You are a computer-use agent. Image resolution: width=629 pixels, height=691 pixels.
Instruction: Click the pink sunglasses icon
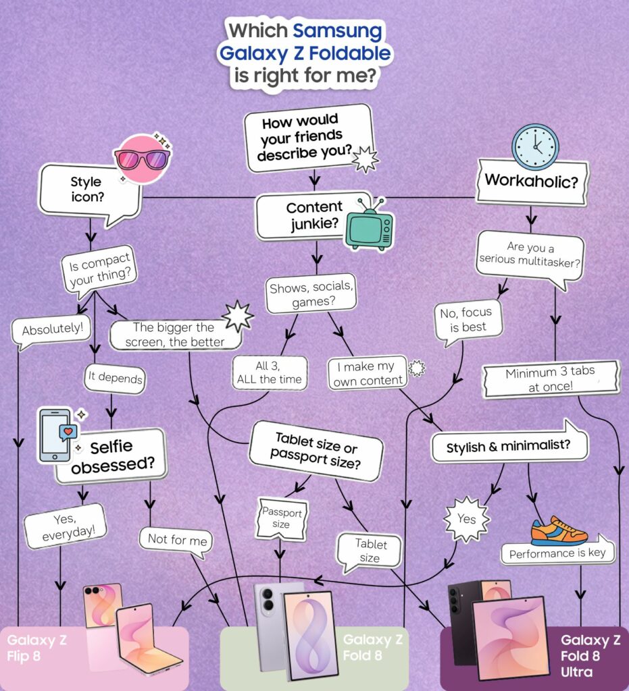click(x=143, y=159)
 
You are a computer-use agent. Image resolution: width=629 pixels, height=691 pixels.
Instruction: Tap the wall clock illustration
click(x=535, y=146)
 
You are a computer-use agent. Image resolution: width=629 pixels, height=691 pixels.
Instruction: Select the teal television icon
click(x=369, y=225)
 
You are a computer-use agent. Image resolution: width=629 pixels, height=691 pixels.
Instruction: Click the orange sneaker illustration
click(x=559, y=531)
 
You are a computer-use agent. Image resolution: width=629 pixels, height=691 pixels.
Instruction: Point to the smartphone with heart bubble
click(x=57, y=435)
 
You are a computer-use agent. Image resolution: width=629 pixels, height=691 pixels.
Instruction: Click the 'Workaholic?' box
click(x=532, y=181)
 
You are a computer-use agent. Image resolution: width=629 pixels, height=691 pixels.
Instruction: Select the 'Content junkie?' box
click(x=314, y=215)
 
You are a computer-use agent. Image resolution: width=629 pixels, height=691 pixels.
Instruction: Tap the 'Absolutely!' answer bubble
click(x=52, y=331)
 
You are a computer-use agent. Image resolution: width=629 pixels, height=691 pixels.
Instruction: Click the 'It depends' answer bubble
click(x=115, y=378)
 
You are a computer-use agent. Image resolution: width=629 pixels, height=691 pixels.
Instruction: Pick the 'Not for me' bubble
click(x=176, y=541)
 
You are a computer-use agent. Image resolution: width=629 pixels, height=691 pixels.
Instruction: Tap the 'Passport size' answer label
click(x=282, y=518)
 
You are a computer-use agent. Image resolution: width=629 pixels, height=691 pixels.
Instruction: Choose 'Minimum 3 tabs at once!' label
click(x=551, y=379)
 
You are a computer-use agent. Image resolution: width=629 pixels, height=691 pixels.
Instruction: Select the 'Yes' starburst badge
click(x=467, y=519)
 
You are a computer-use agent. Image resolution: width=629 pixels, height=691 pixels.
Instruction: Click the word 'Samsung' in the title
click(x=337, y=31)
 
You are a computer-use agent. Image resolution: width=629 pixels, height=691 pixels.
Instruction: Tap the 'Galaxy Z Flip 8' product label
click(x=36, y=648)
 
